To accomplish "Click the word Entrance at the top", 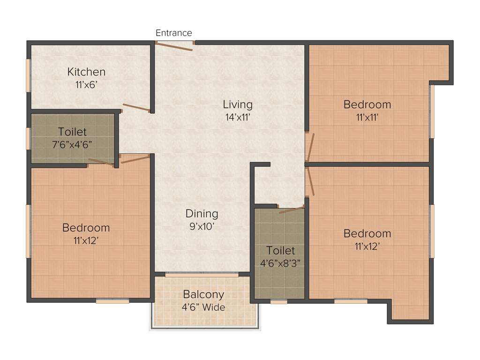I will (x=174, y=33).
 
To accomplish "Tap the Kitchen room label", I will (x=86, y=72).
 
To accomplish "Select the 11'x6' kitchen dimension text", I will (x=86, y=85).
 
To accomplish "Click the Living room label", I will (x=238, y=104).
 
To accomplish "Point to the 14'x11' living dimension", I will (x=238, y=117).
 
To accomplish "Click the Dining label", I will (x=202, y=213).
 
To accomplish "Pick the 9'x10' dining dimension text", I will (x=202, y=226).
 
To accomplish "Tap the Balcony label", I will (x=203, y=294).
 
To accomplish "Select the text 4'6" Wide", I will (x=203, y=307).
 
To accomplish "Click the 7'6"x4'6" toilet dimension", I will (x=72, y=144).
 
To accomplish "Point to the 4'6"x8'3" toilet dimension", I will (x=280, y=263).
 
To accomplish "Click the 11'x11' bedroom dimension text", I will (x=367, y=117).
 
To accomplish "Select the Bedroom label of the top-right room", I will (x=367, y=104).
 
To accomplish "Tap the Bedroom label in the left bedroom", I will (x=86, y=227).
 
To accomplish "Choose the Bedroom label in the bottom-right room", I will (x=367, y=233).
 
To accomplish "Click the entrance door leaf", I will (x=174, y=46).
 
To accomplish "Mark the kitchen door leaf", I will (x=136, y=108).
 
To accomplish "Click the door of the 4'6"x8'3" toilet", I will (x=291, y=210).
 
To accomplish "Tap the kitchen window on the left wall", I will (x=29, y=75).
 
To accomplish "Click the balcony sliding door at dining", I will (x=202, y=275).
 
